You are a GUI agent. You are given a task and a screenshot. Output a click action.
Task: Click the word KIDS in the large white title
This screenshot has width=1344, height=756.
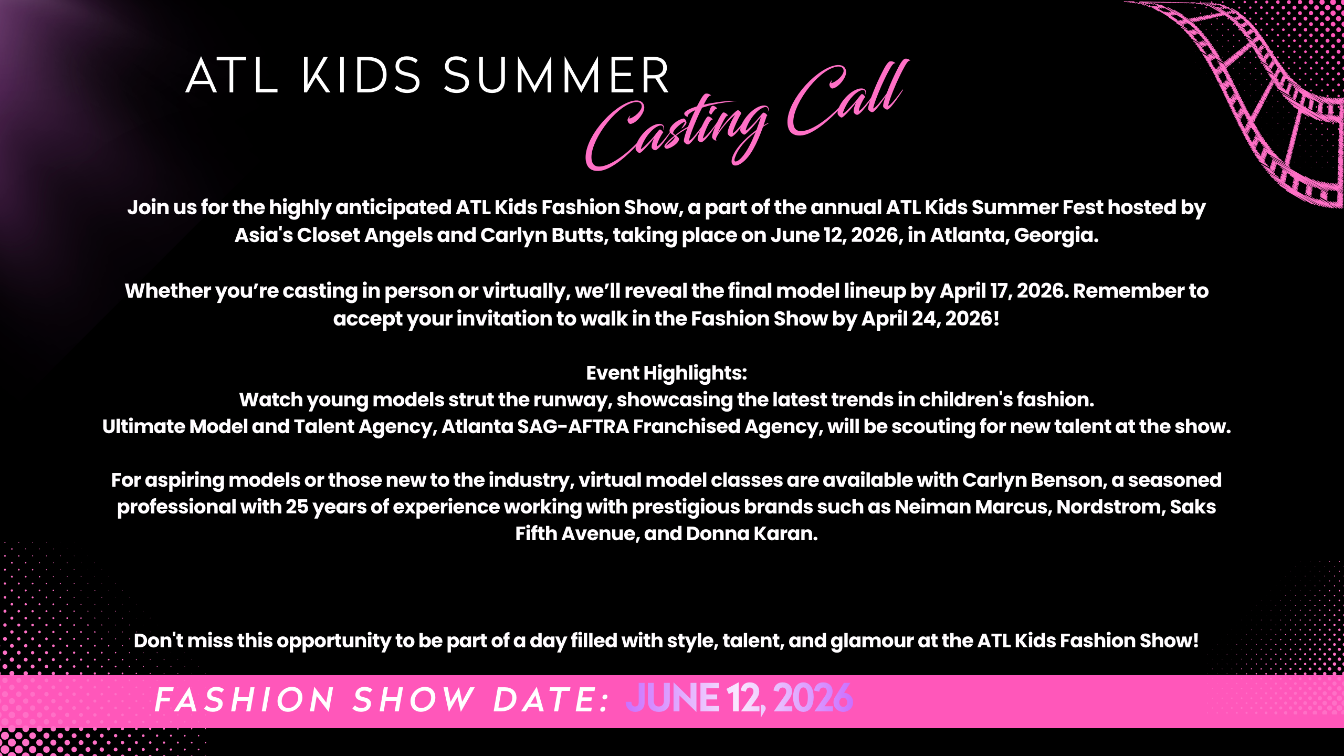click(361, 76)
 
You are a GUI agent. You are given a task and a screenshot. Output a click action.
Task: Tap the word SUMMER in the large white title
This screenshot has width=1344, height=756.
click(556, 76)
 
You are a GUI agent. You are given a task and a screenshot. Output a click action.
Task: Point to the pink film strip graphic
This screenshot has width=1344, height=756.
click(1260, 100)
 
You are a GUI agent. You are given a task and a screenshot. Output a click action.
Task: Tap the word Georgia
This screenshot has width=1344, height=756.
click(1056, 236)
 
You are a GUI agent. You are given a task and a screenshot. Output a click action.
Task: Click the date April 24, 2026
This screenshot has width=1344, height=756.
click(930, 319)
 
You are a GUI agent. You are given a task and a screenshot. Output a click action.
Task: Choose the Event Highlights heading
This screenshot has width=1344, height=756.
click(666, 373)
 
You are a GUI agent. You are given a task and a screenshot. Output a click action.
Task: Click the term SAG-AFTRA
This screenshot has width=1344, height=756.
click(573, 426)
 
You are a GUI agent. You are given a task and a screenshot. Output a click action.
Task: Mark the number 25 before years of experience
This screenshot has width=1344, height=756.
click(297, 507)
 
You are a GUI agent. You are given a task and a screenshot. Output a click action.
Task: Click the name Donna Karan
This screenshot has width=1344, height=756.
click(752, 533)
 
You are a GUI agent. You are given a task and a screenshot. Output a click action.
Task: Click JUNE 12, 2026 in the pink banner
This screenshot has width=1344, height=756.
click(739, 699)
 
